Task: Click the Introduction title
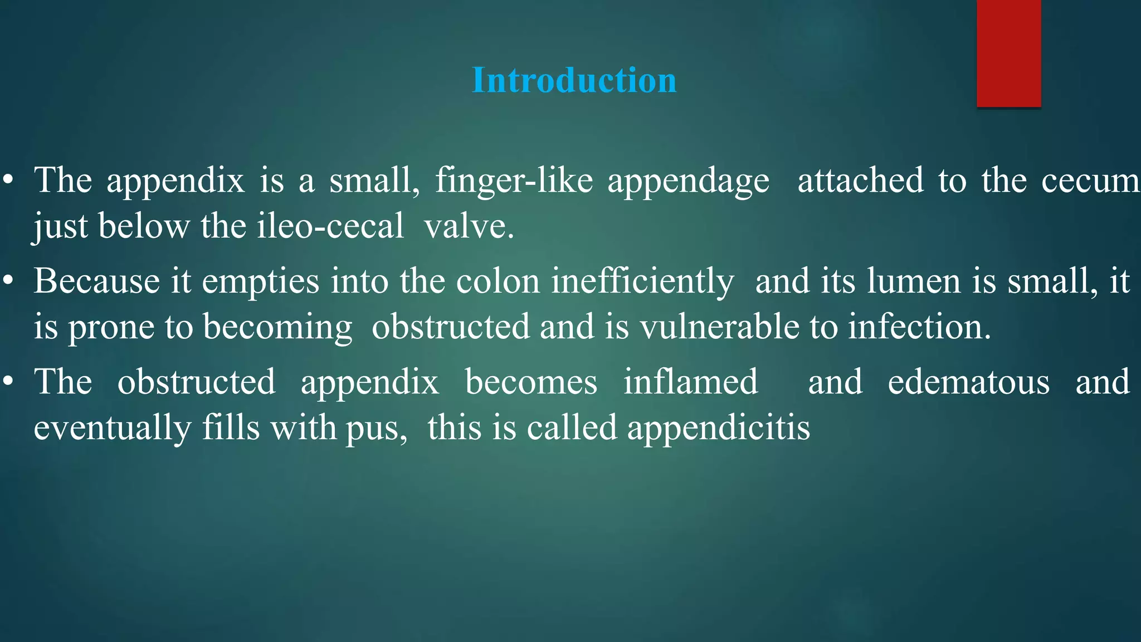(574, 80)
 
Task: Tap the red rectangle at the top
(1008, 53)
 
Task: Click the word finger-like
(514, 181)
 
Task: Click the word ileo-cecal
(330, 226)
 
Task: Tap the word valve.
(469, 226)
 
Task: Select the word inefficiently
(642, 281)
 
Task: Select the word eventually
(113, 429)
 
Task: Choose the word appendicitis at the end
(718, 429)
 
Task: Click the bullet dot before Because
(7, 281)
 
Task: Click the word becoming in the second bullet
(277, 327)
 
